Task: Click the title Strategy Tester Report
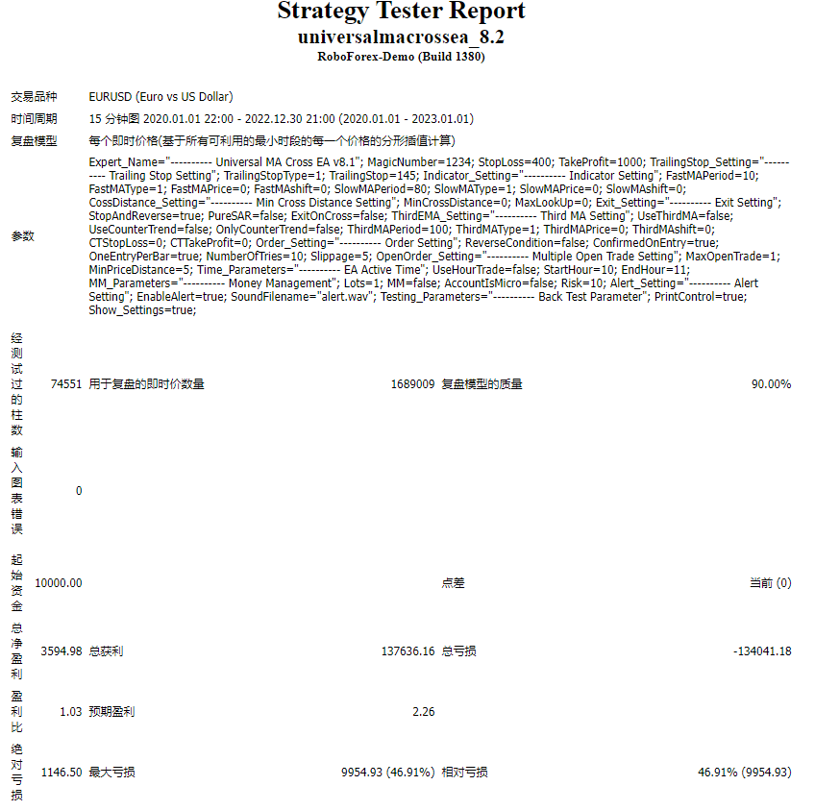pos(401,12)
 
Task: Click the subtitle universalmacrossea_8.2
pos(401,37)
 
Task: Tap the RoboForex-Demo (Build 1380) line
pos(401,57)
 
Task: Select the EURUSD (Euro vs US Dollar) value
pos(161,97)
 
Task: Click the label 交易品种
pos(34,97)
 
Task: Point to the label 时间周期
pos(34,119)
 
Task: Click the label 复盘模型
pos(34,141)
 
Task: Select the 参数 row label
pos(22,236)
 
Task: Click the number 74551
pos(65,384)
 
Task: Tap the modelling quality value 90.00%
pos(771,384)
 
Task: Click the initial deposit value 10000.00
pos(58,583)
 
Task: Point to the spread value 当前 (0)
pos(770,583)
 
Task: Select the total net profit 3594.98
pos(62,651)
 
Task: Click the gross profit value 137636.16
pos(407,651)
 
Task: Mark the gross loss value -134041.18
pos(761,651)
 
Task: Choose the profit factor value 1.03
pos(71,712)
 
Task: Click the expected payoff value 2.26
pos(423,712)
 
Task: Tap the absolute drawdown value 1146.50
pos(62,773)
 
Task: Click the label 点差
pos(453,583)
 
